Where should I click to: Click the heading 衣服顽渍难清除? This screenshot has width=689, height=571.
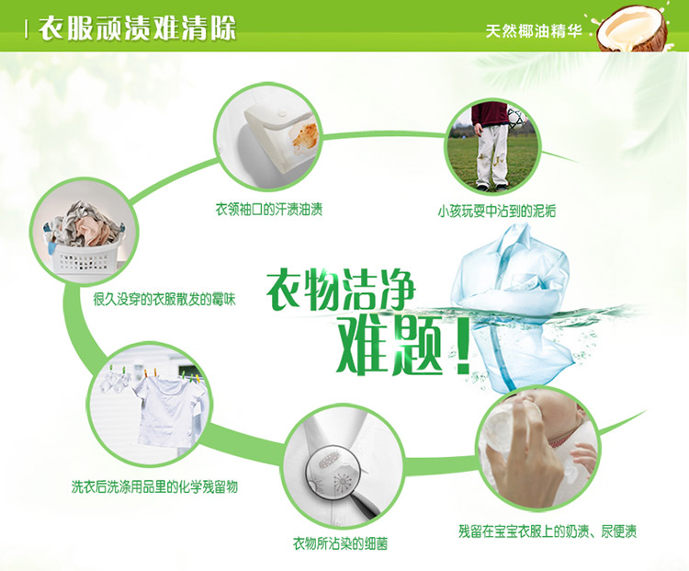137,29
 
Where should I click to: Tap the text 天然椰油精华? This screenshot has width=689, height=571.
534,31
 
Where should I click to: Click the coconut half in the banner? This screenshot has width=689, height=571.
631,30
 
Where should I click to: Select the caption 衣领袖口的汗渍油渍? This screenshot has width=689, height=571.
269,209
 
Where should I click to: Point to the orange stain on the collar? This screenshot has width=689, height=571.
304,134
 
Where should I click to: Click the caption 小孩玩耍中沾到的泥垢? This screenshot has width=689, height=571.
496,211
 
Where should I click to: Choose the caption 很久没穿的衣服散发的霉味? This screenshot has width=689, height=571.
164,300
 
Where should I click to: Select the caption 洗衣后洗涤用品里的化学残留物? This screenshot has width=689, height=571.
154,486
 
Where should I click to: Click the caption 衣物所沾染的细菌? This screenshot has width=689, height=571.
340,543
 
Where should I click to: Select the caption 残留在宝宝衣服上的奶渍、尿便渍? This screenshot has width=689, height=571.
548,531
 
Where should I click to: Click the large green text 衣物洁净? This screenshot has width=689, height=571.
341,291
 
